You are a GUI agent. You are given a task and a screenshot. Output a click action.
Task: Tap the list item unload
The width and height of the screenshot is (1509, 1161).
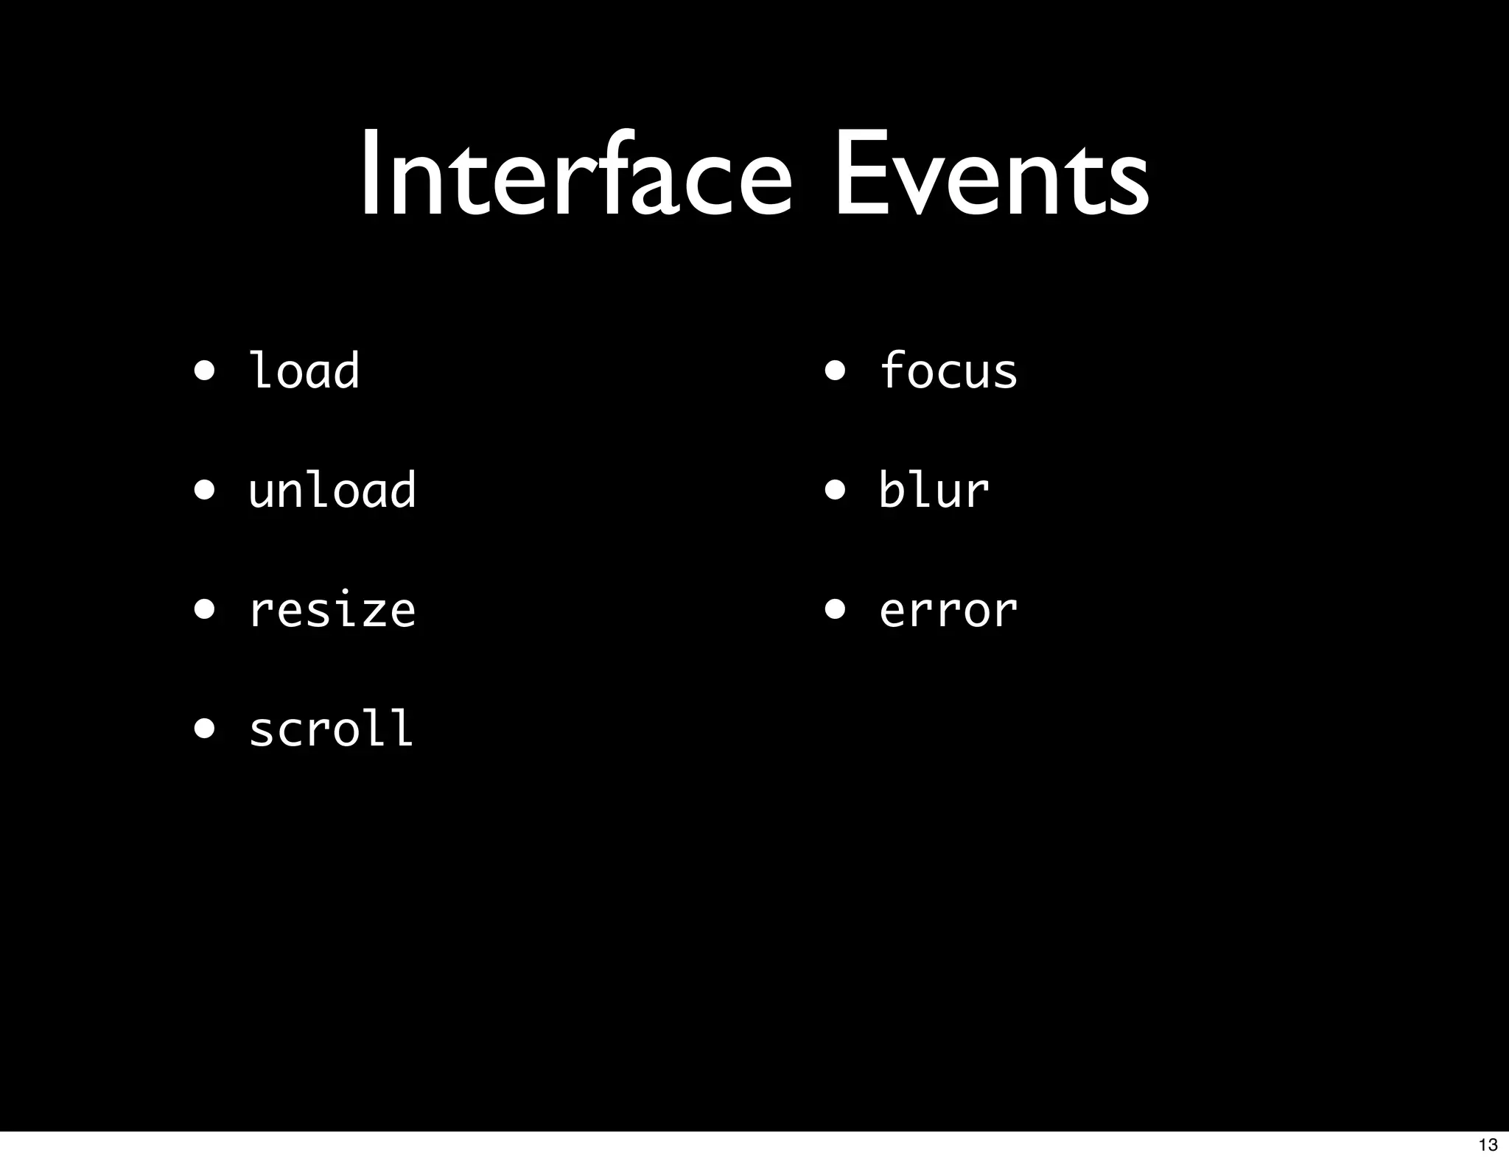pos(332,490)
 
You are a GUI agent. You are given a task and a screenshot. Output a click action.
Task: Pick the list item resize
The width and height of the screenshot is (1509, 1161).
pos(332,611)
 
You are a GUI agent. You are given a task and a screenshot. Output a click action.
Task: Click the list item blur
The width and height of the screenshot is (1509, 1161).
pos(934,490)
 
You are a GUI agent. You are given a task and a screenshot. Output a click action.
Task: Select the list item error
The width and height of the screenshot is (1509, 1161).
pos(949,611)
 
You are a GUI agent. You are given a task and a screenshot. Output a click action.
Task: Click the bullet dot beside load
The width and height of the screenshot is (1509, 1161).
pos(205,371)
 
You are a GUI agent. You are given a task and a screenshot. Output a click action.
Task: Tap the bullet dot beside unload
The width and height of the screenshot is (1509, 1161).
pos(205,490)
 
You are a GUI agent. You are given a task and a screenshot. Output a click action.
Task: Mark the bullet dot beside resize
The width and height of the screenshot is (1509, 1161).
pos(205,610)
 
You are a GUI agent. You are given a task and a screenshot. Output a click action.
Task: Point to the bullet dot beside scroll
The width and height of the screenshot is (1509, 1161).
pos(205,729)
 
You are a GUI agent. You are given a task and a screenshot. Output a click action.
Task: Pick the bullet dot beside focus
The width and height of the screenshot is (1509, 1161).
pos(835,371)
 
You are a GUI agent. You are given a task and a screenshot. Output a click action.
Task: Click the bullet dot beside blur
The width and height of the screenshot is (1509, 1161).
pos(835,490)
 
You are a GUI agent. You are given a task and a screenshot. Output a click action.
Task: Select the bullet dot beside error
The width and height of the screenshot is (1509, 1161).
pos(835,610)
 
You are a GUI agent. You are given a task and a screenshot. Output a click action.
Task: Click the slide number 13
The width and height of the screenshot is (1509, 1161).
pos(1488,1145)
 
